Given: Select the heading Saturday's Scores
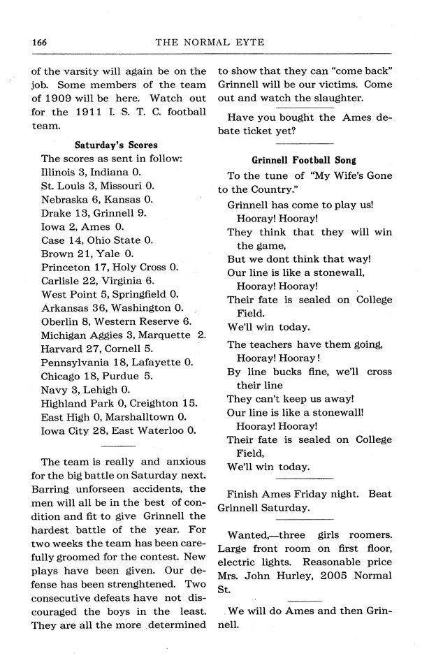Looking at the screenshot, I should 116,145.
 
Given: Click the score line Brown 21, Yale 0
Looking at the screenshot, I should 87,253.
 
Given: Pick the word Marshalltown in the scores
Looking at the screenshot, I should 133,416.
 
